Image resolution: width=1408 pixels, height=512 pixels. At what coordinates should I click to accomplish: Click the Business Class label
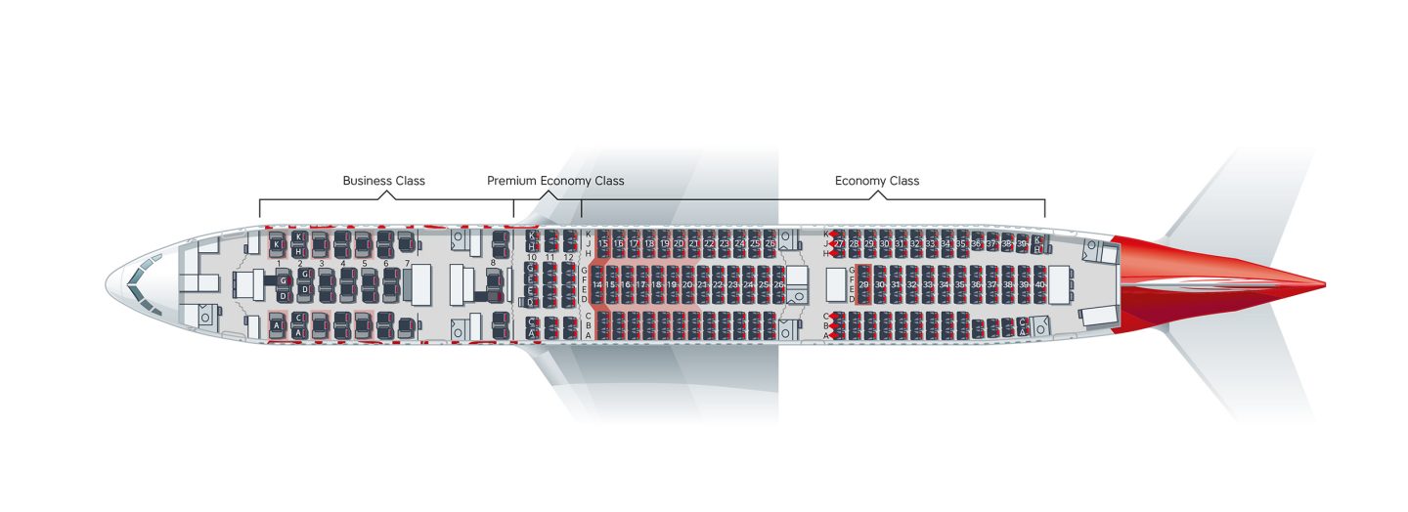pos(383,181)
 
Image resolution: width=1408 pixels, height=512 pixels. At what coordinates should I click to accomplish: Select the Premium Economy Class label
pos(555,181)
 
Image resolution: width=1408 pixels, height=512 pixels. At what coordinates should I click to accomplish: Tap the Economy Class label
pos(876,181)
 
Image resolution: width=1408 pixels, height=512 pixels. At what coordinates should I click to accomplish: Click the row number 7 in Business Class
pos(407,264)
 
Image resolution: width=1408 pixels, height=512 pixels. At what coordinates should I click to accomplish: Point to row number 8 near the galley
pos(493,263)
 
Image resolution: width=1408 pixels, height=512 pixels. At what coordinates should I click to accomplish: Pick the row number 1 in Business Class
pos(280,264)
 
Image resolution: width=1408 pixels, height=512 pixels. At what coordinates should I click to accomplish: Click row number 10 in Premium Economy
pos(531,257)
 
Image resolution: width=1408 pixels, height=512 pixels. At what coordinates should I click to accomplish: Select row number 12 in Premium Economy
pos(568,257)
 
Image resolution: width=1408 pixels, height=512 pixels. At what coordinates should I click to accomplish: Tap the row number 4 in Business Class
pos(343,264)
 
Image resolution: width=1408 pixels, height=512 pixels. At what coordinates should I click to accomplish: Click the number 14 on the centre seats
pos(596,284)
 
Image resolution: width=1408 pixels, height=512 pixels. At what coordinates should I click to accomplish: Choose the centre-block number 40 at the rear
pos(1039,284)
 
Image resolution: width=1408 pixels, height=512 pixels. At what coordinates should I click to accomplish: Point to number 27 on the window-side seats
pos(839,243)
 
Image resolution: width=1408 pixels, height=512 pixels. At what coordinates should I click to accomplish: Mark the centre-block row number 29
pos(863,284)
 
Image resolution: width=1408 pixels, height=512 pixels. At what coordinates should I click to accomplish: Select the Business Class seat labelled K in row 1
pos(277,243)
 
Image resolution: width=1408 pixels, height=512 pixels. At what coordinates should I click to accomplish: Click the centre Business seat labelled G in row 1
pos(283,281)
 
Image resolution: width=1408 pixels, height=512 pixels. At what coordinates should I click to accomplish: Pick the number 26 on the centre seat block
pos(778,284)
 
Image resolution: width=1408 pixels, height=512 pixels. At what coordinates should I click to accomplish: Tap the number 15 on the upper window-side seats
pos(603,243)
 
